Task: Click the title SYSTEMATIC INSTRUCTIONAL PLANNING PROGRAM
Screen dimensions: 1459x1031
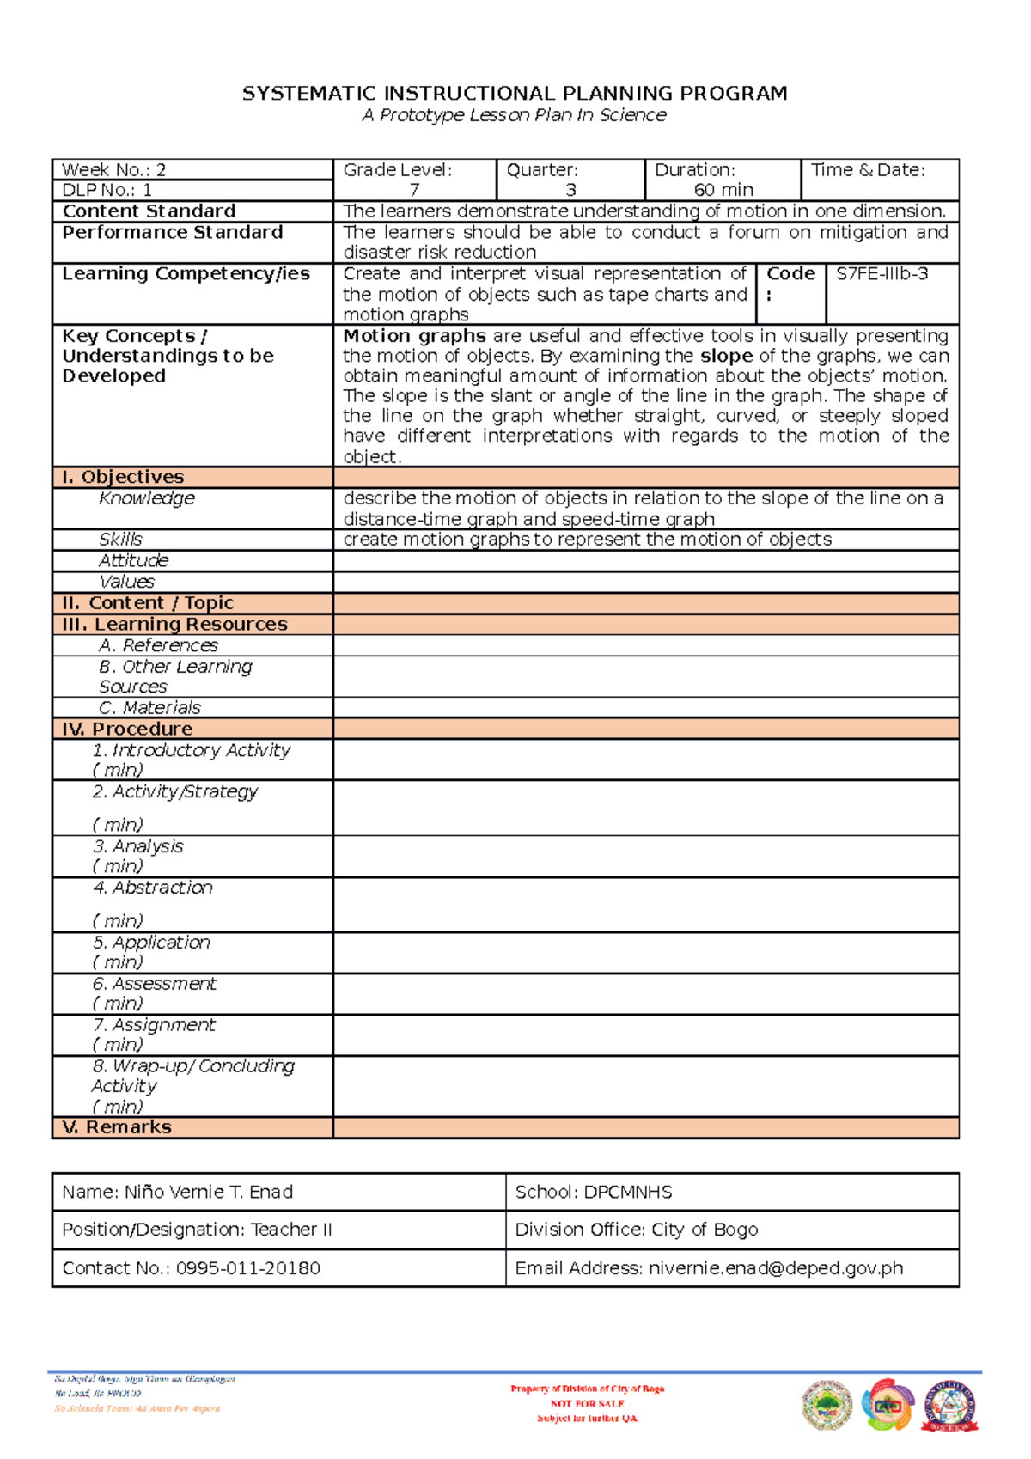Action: click(x=515, y=94)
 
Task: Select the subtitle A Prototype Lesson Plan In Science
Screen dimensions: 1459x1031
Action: click(x=514, y=115)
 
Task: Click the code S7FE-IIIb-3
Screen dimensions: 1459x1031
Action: click(x=882, y=274)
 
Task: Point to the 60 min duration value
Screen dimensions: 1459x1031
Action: click(x=723, y=190)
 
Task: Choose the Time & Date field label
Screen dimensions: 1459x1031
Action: click(x=868, y=170)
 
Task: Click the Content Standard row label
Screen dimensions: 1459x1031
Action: click(x=149, y=211)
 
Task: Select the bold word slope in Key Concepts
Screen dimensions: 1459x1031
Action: click(x=726, y=356)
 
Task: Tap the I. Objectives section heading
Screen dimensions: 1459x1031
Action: click(x=123, y=477)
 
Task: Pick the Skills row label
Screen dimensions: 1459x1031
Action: click(x=120, y=540)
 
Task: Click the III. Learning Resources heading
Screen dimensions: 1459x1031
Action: click(x=174, y=625)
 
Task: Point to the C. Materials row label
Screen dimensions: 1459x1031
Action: click(x=149, y=708)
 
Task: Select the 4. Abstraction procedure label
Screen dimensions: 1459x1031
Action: click(x=153, y=888)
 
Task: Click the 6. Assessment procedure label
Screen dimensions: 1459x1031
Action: click(x=155, y=984)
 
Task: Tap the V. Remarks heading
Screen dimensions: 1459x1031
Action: click(x=117, y=1127)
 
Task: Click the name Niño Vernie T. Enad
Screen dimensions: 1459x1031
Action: click(x=209, y=1193)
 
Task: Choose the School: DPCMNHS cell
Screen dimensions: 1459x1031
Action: click(x=593, y=1193)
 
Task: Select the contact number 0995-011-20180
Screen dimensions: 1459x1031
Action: click(x=248, y=1268)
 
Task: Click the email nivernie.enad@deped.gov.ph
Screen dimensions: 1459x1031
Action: click(x=776, y=1268)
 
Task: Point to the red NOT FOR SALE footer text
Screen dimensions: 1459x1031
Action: click(x=587, y=1403)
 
